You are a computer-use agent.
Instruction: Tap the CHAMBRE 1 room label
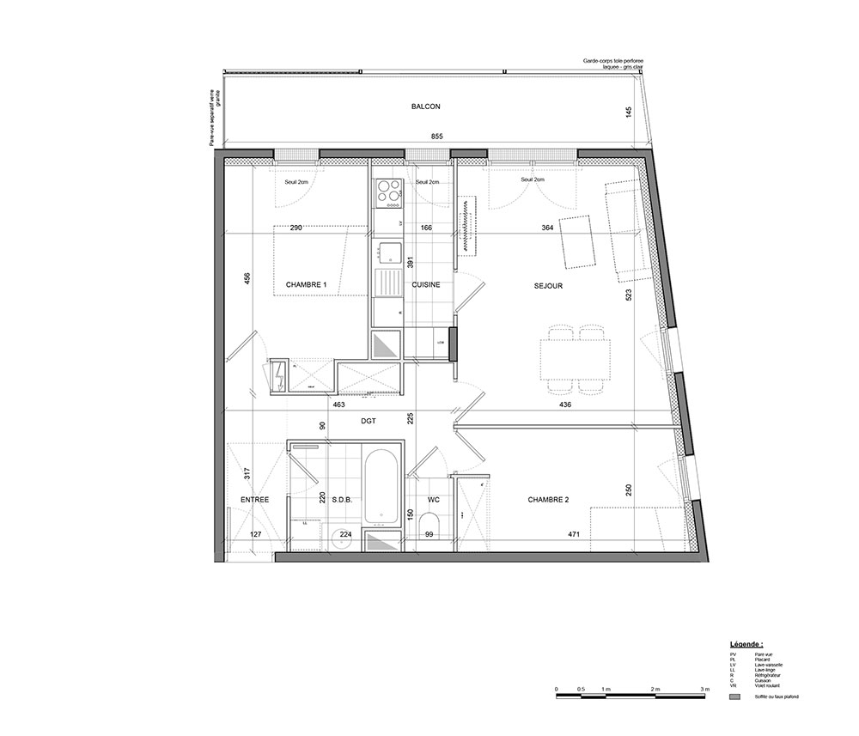point(307,284)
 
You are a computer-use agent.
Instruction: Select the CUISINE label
point(427,284)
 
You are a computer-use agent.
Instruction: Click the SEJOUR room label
point(548,286)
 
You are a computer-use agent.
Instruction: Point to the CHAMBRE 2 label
point(549,499)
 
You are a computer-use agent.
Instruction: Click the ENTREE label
point(254,499)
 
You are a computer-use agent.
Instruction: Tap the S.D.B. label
point(342,499)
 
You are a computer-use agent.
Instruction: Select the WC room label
point(433,499)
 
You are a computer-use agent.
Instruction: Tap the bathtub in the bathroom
point(380,487)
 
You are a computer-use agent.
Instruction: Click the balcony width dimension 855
point(436,137)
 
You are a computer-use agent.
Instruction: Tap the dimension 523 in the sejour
point(630,295)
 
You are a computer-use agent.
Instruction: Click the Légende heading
point(746,642)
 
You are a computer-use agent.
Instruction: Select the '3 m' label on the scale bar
point(704,690)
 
